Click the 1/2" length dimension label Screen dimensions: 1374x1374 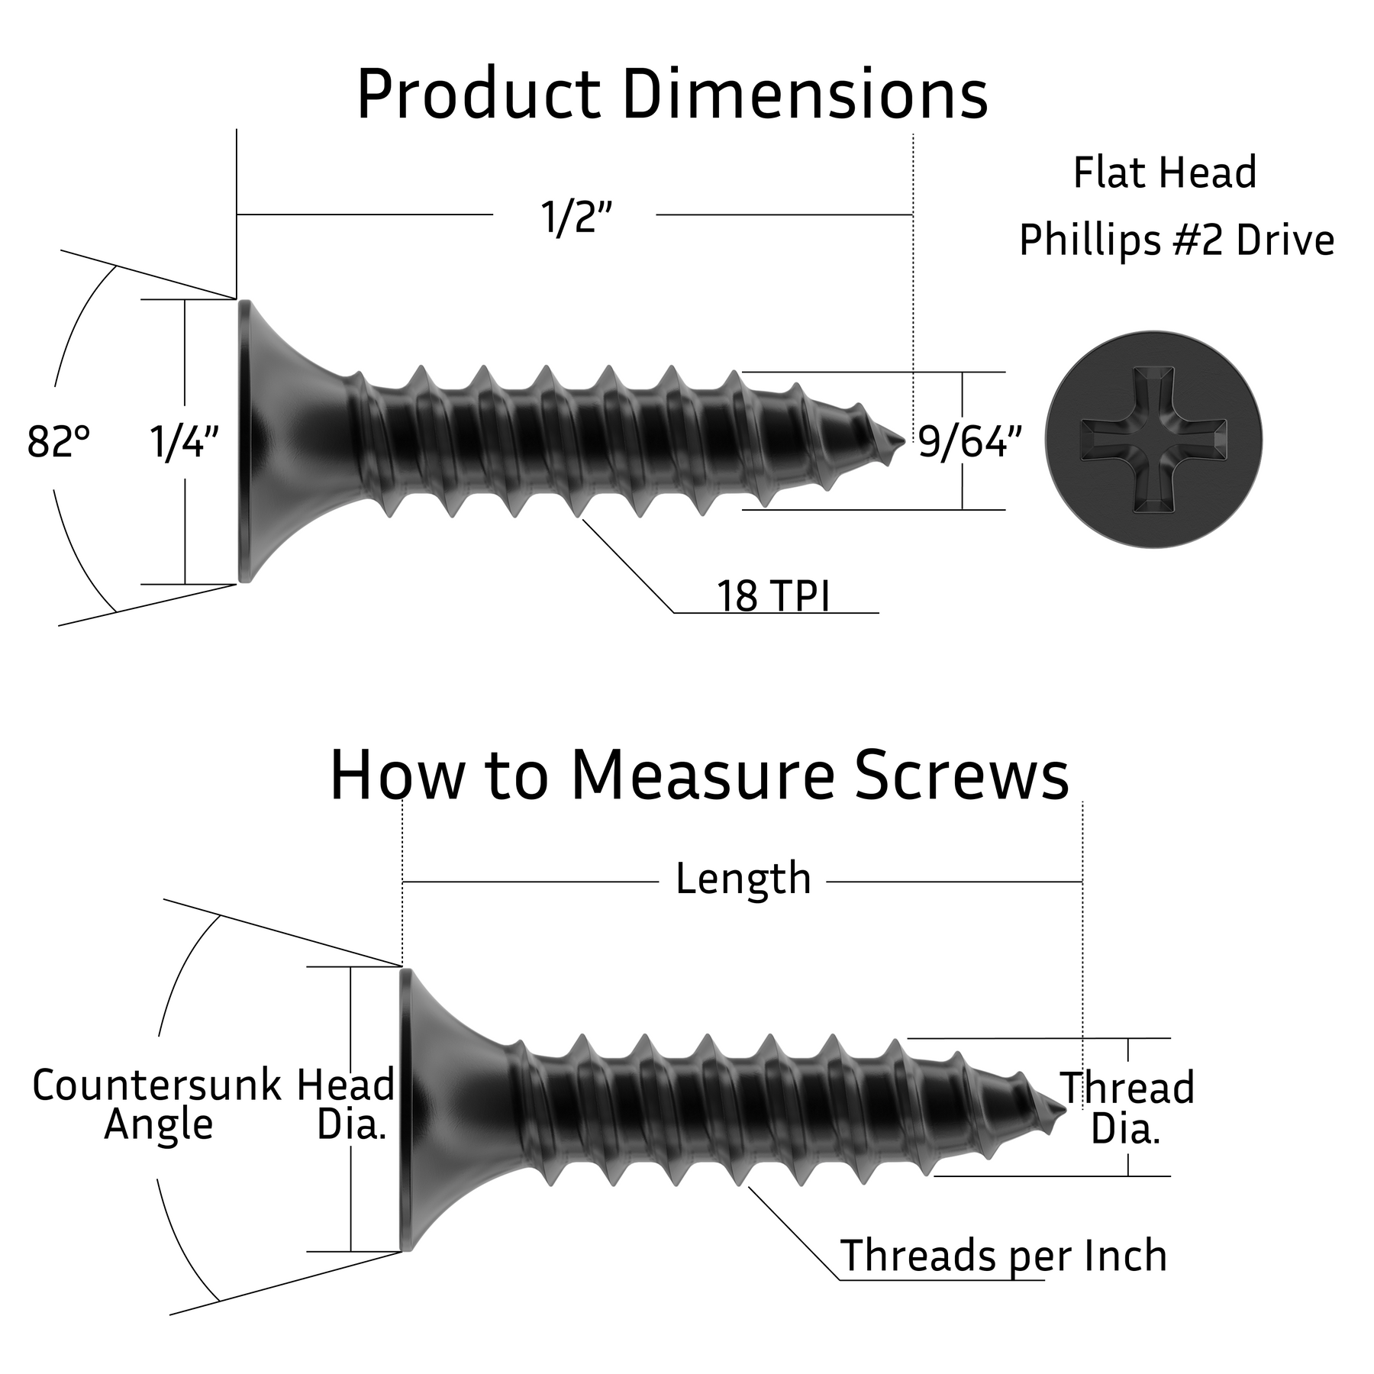[576, 218]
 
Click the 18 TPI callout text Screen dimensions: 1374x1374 [772, 596]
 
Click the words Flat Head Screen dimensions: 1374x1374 [1165, 173]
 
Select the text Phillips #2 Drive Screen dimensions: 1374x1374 [1176, 240]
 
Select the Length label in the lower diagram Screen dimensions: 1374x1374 [743, 879]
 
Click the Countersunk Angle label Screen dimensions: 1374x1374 [157, 1105]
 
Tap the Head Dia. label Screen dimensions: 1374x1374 [347, 1105]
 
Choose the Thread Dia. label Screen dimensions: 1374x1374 [1127, 1108]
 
